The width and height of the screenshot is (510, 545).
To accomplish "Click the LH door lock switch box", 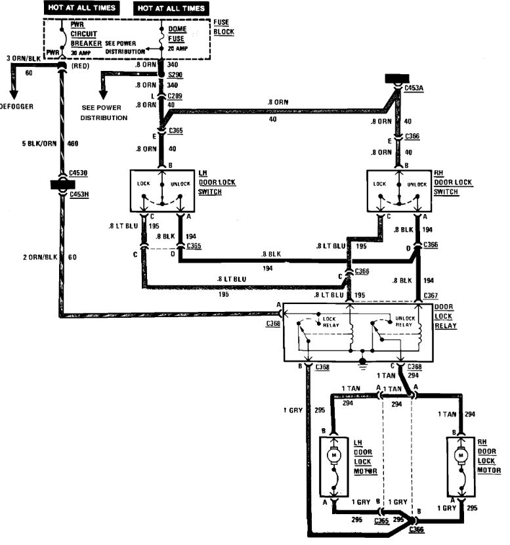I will click(161, 190).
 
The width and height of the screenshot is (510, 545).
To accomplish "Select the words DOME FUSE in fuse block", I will click(177, 34).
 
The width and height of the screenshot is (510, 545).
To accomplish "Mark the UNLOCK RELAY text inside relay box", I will click(402, 321).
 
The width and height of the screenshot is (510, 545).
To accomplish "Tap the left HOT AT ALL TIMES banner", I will click(81, 8).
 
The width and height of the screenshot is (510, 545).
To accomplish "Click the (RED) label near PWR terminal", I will click(79, 66).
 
